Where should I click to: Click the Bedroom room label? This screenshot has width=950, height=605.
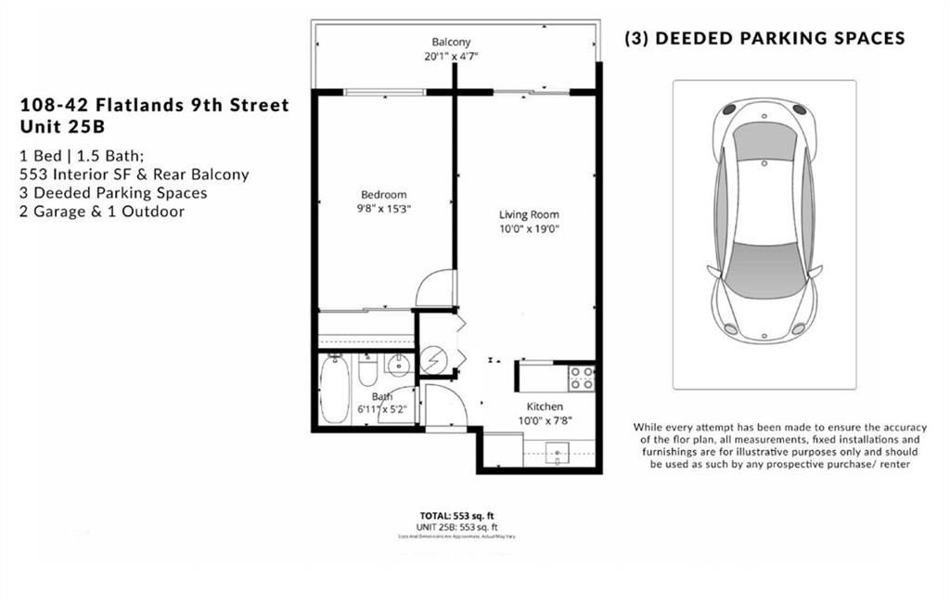point(384,194)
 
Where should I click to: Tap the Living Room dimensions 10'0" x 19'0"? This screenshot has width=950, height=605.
point(530,228)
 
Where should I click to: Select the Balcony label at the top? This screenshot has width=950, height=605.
point(451,42)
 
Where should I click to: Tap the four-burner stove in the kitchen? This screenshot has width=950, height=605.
point(581,377)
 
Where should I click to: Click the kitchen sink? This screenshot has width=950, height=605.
point(558,455)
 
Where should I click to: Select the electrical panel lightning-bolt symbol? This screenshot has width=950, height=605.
point(433,359)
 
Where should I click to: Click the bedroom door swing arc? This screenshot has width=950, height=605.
point(431,288)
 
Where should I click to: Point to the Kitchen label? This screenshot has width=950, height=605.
point(545,406)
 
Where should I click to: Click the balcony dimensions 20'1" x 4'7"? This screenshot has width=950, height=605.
point(451,56)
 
